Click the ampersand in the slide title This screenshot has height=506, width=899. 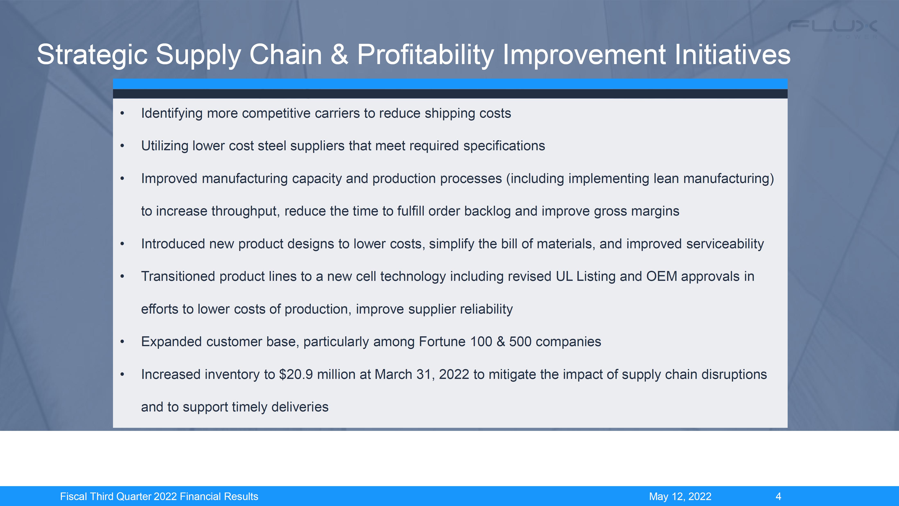(339, 54)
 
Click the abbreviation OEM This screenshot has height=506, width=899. (661, 276)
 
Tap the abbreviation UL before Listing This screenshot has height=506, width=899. (564, 276)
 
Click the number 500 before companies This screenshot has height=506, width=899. (520, 342)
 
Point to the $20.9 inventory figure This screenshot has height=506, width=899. (296, 374)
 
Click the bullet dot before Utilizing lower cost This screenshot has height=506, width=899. (122, 146)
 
